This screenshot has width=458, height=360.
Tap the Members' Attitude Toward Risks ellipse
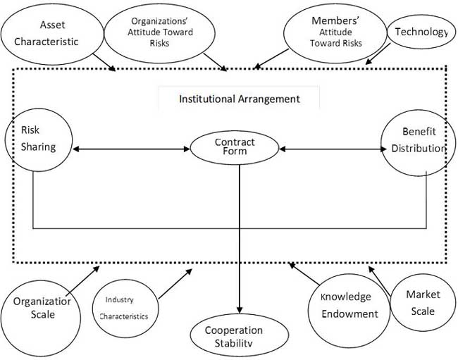337,33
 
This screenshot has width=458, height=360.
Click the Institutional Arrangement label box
238,99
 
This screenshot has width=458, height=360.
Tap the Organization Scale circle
44,309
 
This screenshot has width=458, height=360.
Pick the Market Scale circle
420,304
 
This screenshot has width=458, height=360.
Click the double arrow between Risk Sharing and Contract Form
132,149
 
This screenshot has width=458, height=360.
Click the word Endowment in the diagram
349,314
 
